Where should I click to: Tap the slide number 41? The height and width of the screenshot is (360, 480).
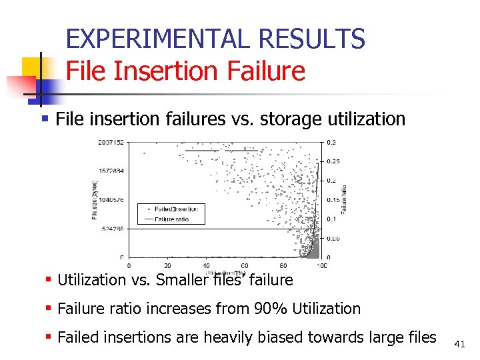tap(459, 344)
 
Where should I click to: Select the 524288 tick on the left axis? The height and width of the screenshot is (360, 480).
tap(112, 229)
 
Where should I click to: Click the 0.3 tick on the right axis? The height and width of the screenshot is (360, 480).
tap(331, 142)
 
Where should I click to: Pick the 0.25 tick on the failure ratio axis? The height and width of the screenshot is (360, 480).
tap(333, 161)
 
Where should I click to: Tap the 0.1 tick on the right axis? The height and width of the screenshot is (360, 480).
tap(331, 219)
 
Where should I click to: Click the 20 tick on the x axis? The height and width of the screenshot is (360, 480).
tap(167, 265)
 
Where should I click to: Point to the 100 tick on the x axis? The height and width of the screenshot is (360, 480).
tap(322, 265)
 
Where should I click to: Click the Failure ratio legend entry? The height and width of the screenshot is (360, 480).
tap(171, 218)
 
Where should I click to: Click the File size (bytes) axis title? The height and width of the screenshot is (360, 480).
tap(94, 199)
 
